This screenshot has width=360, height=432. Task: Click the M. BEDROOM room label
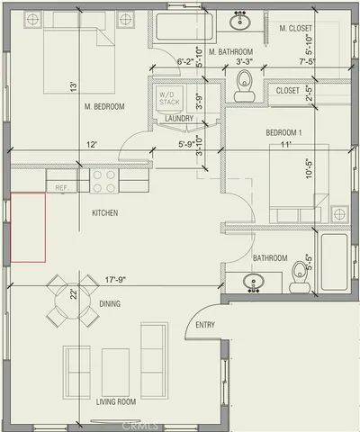tap(103, 107)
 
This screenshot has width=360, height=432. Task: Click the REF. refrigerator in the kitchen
tap(63, 187)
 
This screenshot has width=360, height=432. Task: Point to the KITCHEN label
tap(105, 212)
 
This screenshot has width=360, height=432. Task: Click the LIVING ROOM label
tap(116, 401)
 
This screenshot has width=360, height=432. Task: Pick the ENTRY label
tap(205, 325)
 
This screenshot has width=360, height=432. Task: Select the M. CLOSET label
tap(295, 29)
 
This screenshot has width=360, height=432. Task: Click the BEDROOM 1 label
tap(283, 132)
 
